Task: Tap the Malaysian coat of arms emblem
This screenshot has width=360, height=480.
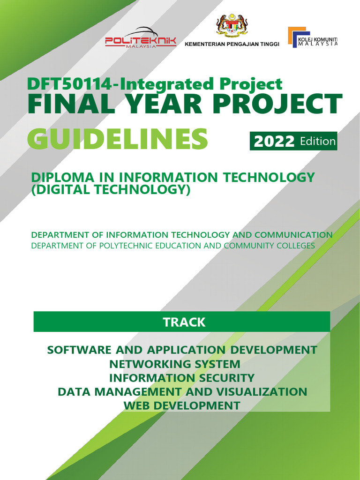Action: click(x=232, y=26)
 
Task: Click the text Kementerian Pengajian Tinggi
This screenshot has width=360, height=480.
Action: click(x=232, y=44)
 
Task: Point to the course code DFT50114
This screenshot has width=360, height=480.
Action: click(x=69, y=84)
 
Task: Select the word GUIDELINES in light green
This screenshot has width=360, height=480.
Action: click(x=117, y=139)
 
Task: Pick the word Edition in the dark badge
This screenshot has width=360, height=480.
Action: click(x=318, y=142)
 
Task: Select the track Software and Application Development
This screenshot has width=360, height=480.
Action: click(x=182, y=350)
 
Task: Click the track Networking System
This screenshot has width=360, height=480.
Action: click(x=175, y=364)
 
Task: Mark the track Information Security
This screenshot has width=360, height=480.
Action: click(x=182, y=378)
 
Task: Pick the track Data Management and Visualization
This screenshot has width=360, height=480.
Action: click(x=182, y=391)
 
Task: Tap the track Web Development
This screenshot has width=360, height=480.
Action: click(x=182, y=405)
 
